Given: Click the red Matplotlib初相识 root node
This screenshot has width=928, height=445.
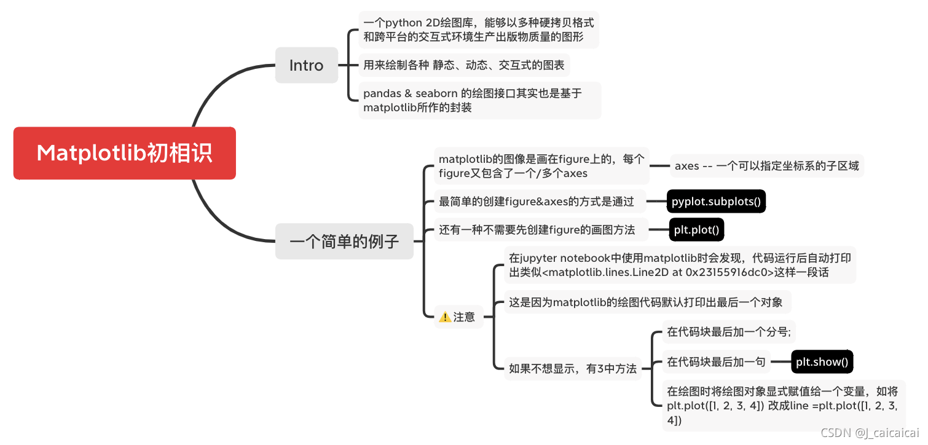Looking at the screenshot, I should [125, 153].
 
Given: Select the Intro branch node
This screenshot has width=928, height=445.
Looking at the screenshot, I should [306, 65].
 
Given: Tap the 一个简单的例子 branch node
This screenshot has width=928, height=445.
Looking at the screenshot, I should [344, 241].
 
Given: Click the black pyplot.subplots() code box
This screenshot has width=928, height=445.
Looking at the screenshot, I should [716, 201].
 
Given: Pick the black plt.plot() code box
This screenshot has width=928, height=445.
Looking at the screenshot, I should [696, 230].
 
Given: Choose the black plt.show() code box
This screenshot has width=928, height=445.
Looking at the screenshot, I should [822, 362].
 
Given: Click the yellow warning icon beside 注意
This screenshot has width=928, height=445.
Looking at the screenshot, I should [445, 317].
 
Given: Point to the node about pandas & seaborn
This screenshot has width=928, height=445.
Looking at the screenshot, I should [479, 100].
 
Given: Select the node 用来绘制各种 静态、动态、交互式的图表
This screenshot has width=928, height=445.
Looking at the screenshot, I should [465, 65].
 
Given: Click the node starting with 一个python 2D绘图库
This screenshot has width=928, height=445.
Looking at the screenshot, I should [478, 30].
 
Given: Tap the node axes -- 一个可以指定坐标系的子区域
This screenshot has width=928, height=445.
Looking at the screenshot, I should [766, 166].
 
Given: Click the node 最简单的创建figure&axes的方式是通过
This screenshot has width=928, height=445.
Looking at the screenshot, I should [536, 201].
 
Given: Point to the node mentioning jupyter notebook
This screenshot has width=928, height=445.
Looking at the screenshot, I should [679, 265].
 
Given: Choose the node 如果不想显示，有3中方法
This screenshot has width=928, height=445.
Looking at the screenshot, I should [573, 369].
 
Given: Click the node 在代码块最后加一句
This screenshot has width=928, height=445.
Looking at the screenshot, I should [716, 362].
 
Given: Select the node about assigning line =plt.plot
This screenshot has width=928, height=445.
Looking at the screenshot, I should [783, 405].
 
